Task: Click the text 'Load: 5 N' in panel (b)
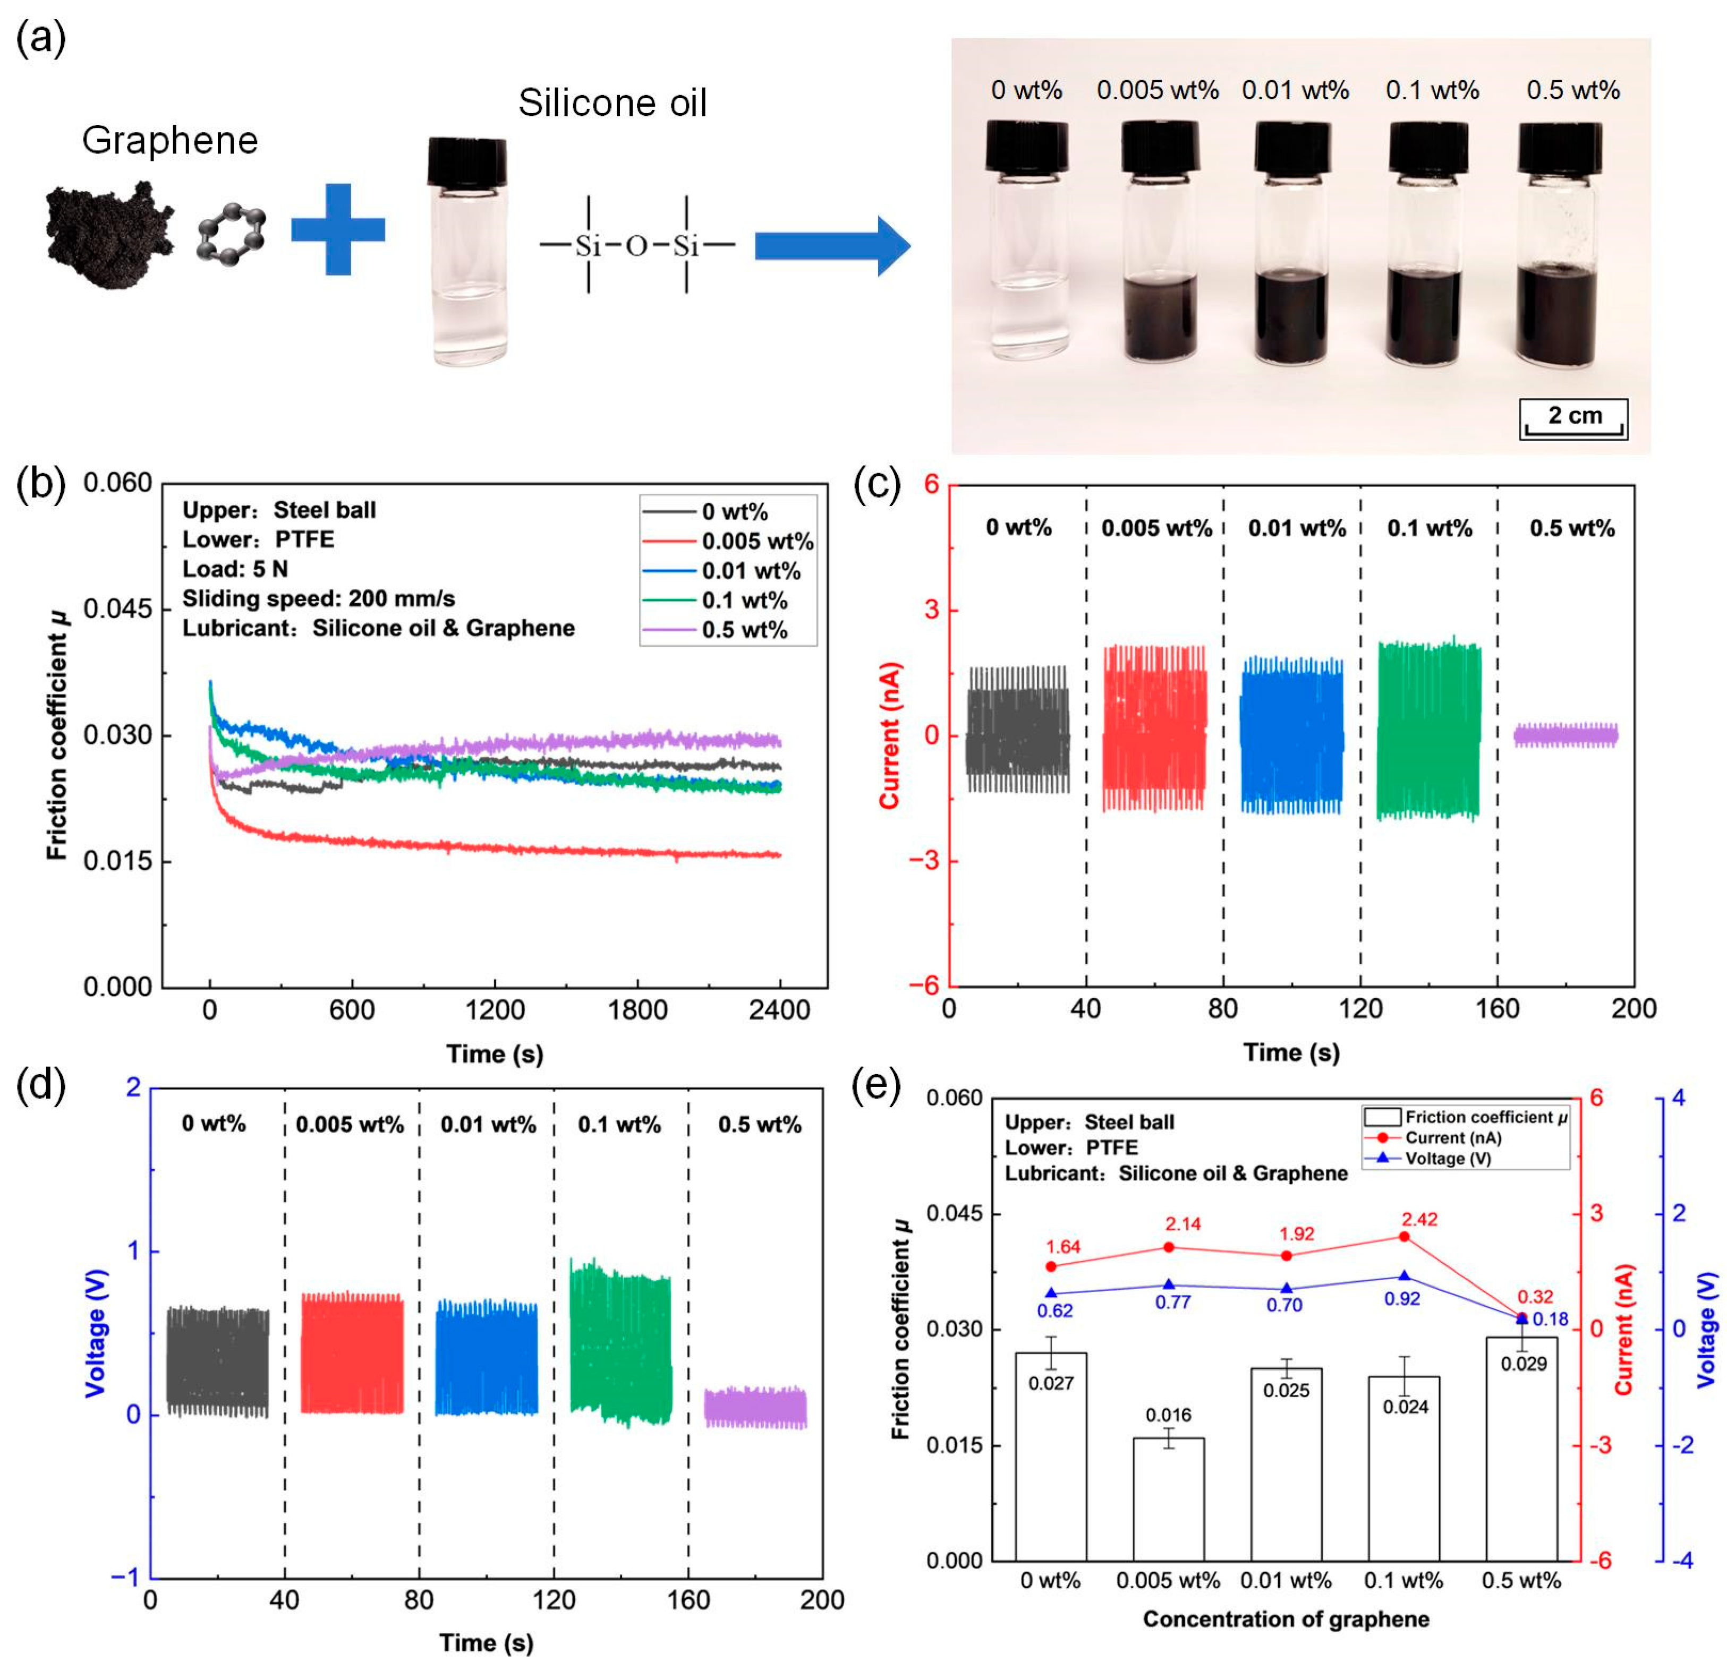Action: click(235, 569)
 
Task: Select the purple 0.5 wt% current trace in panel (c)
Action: click(1565, 735)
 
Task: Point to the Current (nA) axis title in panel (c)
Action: click(890, 735)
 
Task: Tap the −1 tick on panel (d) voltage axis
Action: click(127, 1576)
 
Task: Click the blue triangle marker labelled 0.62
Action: click(1051, 1293)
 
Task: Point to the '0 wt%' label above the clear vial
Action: click(1026, 90)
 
